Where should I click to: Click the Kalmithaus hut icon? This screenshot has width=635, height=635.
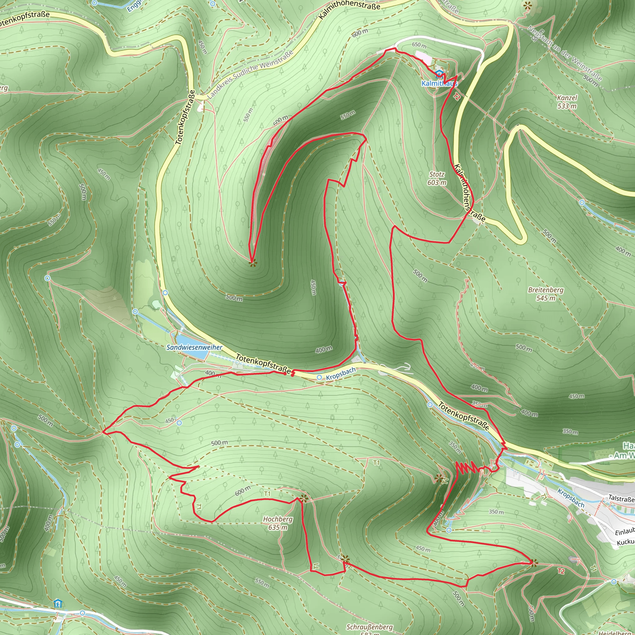click(x=439, y=74)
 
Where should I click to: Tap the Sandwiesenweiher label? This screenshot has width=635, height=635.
click(x=194, y=347)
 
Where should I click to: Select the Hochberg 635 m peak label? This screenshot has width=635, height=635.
click(x=278, y=523)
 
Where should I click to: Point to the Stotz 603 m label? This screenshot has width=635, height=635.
click(x=437, y=179)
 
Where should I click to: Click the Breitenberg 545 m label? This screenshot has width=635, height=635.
click(x=546, y=294)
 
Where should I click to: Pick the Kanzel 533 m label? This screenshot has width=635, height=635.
click(x=567, y=102)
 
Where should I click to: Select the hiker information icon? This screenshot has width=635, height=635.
click(x=58, y=603)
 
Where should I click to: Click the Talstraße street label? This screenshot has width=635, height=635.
click(x=621, y=498)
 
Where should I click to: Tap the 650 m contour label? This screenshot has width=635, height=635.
click(x=419, y=45)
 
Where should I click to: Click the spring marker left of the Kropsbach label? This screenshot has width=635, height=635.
click(x=319, y=378)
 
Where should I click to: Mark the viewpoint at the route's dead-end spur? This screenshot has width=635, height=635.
click(x=252, y=263)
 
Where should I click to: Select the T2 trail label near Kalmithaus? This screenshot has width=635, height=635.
click(x=456, y=96)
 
